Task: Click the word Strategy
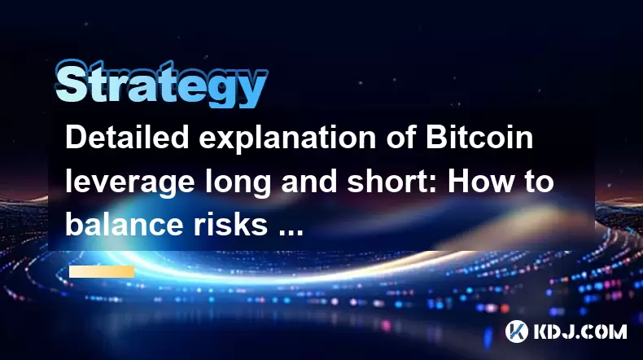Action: click(161, 84)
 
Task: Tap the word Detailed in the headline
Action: click(127, 138)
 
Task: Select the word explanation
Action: click(287, 139)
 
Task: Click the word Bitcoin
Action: click(479, 138)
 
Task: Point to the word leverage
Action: click(129, 183)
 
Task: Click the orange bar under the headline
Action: click(102, 272)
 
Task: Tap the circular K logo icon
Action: click(516, 331)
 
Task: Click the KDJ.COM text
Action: click(580, 331)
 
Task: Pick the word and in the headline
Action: click(309, 181)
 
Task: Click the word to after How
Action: click(538, 182)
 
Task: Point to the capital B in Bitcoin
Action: click(437, 138)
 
